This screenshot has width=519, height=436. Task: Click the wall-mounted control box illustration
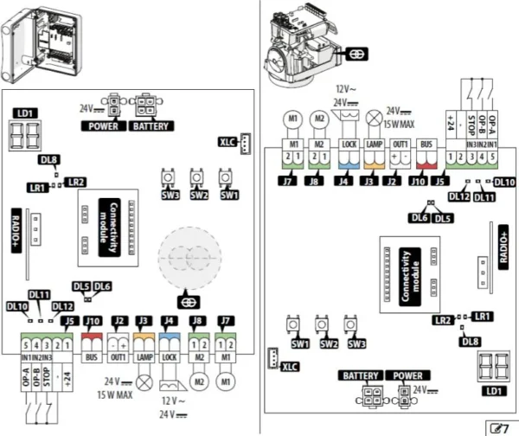click(37, 42)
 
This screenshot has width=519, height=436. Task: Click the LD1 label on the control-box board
click(23, 113)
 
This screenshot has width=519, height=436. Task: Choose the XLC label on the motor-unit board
click(289, 367)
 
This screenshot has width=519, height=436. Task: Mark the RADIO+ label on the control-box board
click(16, 229)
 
